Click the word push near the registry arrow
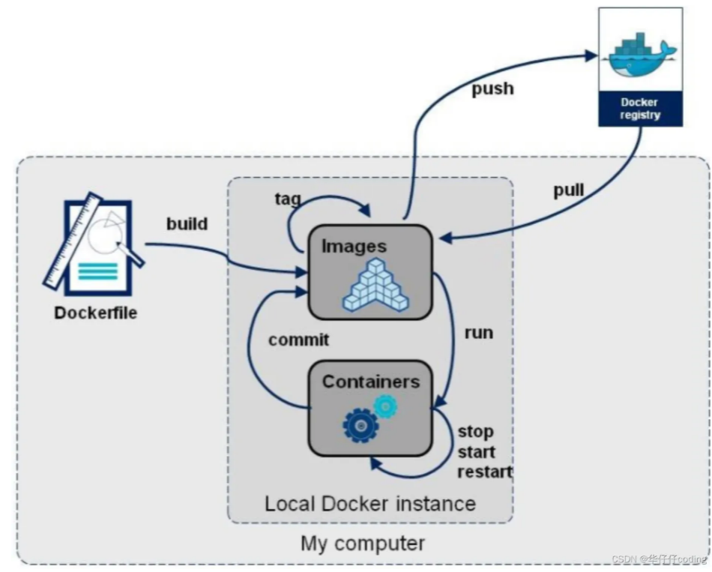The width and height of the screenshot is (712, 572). point(492,88)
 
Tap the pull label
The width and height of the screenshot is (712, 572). point(569,190)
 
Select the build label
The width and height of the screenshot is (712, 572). point(187,223)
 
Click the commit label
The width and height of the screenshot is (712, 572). point(298,340)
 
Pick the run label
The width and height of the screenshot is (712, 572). point(478,332)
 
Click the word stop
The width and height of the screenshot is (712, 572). point(475,432)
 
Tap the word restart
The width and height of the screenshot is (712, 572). point(484,472)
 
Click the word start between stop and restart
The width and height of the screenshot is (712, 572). point(477,452)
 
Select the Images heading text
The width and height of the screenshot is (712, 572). point(354,246)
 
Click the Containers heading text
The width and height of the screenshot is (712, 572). point(370,382)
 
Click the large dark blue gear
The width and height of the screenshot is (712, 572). point(360,425)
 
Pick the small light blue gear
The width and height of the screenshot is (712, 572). point(385,406)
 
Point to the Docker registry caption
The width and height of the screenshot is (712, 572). point(640,109)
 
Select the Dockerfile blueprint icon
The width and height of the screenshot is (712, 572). point(94,244)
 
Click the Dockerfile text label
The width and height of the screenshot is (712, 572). point(95,313)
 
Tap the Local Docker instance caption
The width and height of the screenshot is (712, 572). point(369,502)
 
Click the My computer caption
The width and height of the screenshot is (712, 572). point(363,543)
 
